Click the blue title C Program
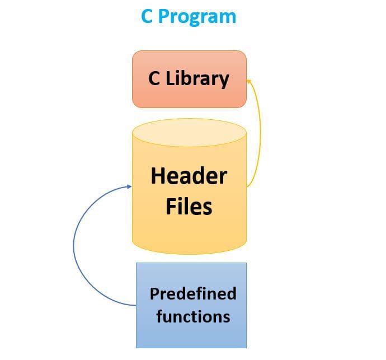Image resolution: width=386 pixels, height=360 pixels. click(189, 17)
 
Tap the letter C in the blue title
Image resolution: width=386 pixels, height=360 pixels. click(147, 16)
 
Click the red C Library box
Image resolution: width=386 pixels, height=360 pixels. click(189, 79)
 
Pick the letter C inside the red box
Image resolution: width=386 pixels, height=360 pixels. click(154, 78)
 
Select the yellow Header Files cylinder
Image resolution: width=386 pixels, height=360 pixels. click(189, 190)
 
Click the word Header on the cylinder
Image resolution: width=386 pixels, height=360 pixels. click(189, 176)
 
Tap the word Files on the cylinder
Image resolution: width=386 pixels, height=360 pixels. click(189, 206)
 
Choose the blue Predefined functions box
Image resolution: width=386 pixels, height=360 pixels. click(191, 305)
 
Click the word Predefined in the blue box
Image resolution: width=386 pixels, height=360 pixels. click(193, 293)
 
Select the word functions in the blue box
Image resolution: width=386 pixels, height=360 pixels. click(193, 316)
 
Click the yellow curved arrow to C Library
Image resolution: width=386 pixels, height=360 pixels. click(260, 134)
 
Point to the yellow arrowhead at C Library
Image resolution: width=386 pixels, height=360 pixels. click(249, 82)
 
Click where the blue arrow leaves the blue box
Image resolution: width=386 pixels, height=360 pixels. click(135, 305)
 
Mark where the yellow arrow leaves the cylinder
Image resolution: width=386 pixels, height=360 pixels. click(247, 186)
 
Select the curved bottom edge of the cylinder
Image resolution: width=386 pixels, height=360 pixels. click(189, 254)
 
